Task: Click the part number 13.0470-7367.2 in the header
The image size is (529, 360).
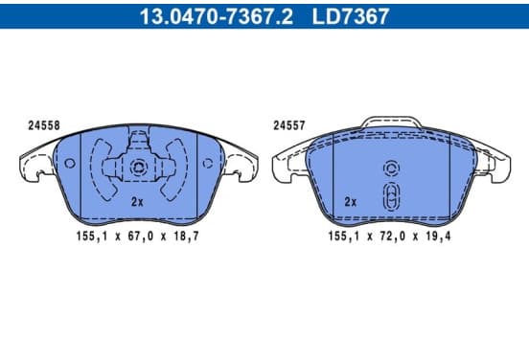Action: [x=217, y=16]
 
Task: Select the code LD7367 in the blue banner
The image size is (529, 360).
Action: [x=351, y=16]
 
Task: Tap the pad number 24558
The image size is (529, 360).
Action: [x=44, y=125]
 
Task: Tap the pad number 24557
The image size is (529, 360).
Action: [x=289, y=125]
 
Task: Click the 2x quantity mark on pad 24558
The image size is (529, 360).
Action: [x=137, y=202]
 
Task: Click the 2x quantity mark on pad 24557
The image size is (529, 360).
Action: [x=351, y=202]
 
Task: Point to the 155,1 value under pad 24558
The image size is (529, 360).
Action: [x=92, y=236]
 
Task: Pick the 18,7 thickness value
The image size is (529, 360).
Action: [x=186, y=236]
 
